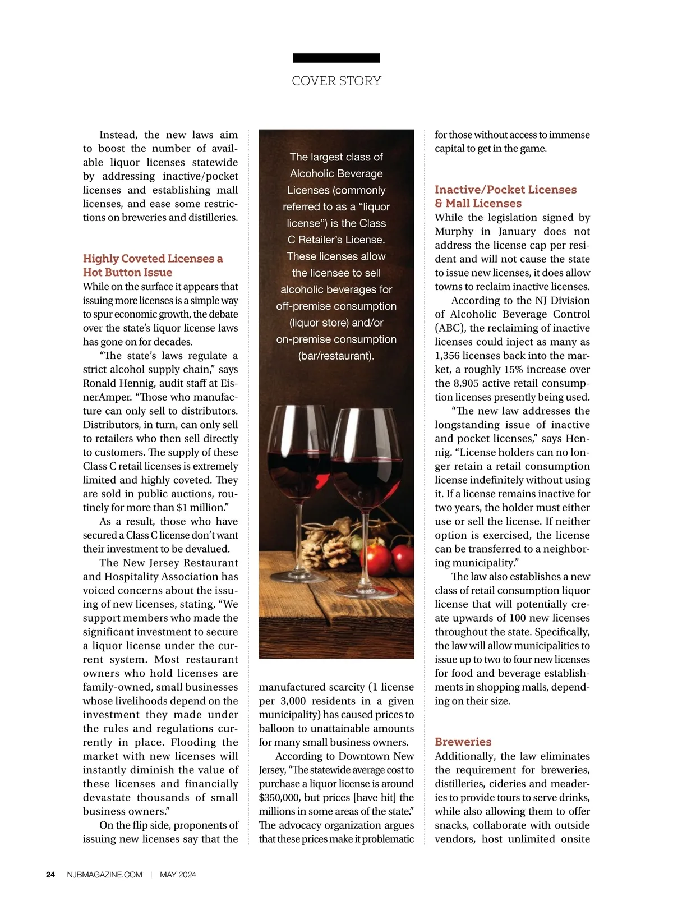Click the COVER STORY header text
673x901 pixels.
click(x=336, y=81)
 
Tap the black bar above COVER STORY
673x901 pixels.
click(x=336, y=58)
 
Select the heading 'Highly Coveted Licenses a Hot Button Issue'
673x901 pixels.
click(x=153, y=265)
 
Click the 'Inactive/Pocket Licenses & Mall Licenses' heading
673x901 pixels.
click(x=505, y=196)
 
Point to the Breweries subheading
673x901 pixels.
click(x=463, y=742)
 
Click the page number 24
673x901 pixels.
click(x=50, y=875)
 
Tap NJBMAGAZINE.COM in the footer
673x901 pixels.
click(x=104, y=875)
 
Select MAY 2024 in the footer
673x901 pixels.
click(x=178, y=875)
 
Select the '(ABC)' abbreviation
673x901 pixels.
click(x=449, y=328)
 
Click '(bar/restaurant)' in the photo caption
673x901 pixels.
click(x=336, y=356)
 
